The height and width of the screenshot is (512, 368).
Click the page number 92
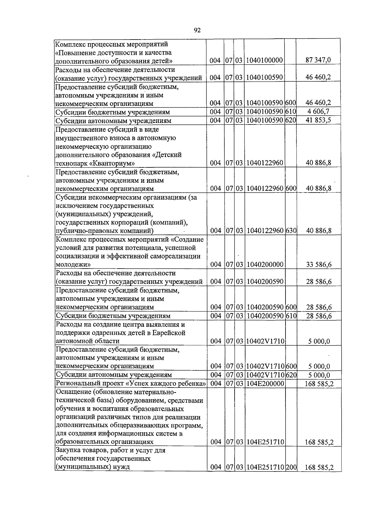click(197, 30)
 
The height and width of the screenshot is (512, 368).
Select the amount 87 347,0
click(318, 60)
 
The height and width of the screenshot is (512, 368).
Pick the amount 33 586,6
click(319, 265)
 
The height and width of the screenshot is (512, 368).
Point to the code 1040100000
click(264, 60)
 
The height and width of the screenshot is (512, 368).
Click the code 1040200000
click(264, 265)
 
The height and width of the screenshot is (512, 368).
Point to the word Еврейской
click(171, 333)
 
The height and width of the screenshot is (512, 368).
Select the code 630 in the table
click(291, 231)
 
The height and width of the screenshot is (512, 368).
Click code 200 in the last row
click(291, 468)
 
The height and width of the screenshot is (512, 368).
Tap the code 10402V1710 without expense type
click(265, 341)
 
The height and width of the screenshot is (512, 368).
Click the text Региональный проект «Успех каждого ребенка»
click(130, 384)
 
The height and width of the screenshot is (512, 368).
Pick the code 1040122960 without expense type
click(264, 163)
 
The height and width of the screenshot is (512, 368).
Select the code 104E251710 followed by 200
click(265, 468)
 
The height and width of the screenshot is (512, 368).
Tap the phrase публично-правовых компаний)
click(105, 231)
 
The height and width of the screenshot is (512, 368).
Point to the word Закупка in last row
click(68, 450)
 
